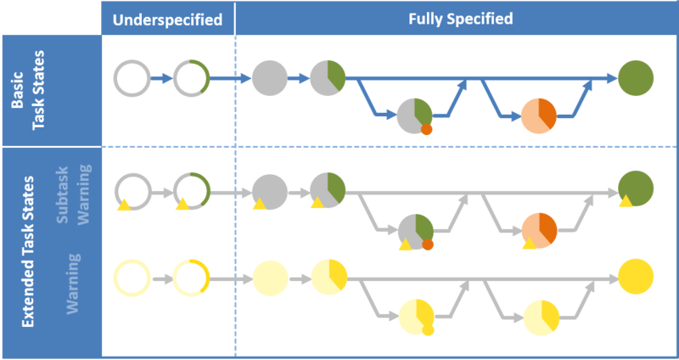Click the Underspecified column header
[168, 19]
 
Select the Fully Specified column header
[458, 19]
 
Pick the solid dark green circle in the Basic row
[636, 79]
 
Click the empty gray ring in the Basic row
[132, 79]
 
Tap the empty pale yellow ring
[132, 277]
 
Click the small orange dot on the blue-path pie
[426, 130]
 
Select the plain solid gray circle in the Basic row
[269, 79]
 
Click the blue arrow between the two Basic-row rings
[162, 79]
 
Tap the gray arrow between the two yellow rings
[162, 277]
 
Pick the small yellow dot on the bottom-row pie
[427, 330]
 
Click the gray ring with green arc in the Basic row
[191, 79]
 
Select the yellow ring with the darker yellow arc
[191, 277]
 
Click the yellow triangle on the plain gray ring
[123, 205]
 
